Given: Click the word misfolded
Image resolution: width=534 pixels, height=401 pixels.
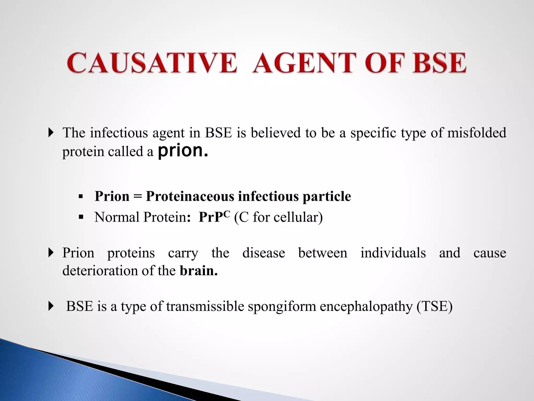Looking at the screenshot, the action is click(x=477, y=133).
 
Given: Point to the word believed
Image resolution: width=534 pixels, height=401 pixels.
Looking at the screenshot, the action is click(x=276, y=133).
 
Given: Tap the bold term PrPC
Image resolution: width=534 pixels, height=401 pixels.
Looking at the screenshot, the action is click(x=214, y=216).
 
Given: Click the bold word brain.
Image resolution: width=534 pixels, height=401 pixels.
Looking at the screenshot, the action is click(x=199, y=270).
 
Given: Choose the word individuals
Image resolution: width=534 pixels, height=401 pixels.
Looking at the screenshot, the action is click(x=393, y=253).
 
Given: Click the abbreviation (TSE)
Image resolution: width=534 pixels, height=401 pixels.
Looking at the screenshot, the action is click(x=434, y=306).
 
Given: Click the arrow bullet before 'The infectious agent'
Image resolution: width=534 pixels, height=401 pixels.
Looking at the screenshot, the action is click(x=51, y=133).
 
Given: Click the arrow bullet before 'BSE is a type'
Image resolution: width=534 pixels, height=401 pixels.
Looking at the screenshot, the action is click(x=51, y=306).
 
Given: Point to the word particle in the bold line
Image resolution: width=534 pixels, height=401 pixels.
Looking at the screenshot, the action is click(x=327, y=197).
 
